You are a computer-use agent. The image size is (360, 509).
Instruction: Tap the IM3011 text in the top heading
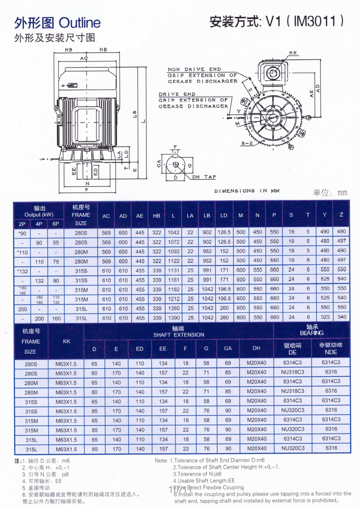tap(318, 21)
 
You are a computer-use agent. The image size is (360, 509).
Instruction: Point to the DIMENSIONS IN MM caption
tap(247, 191)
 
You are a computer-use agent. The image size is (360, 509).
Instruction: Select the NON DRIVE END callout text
tap(194, 69)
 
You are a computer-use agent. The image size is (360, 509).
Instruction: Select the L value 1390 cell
tap(173, 317)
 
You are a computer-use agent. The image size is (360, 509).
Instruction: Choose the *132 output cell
tap(22, 270)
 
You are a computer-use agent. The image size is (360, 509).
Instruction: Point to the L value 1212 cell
tap(173, 299)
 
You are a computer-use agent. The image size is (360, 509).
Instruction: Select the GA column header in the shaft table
tap(228, 348)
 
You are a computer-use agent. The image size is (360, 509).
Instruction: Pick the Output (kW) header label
tap(39, 215)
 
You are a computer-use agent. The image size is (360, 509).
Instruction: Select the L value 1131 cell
tap(173, 270)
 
